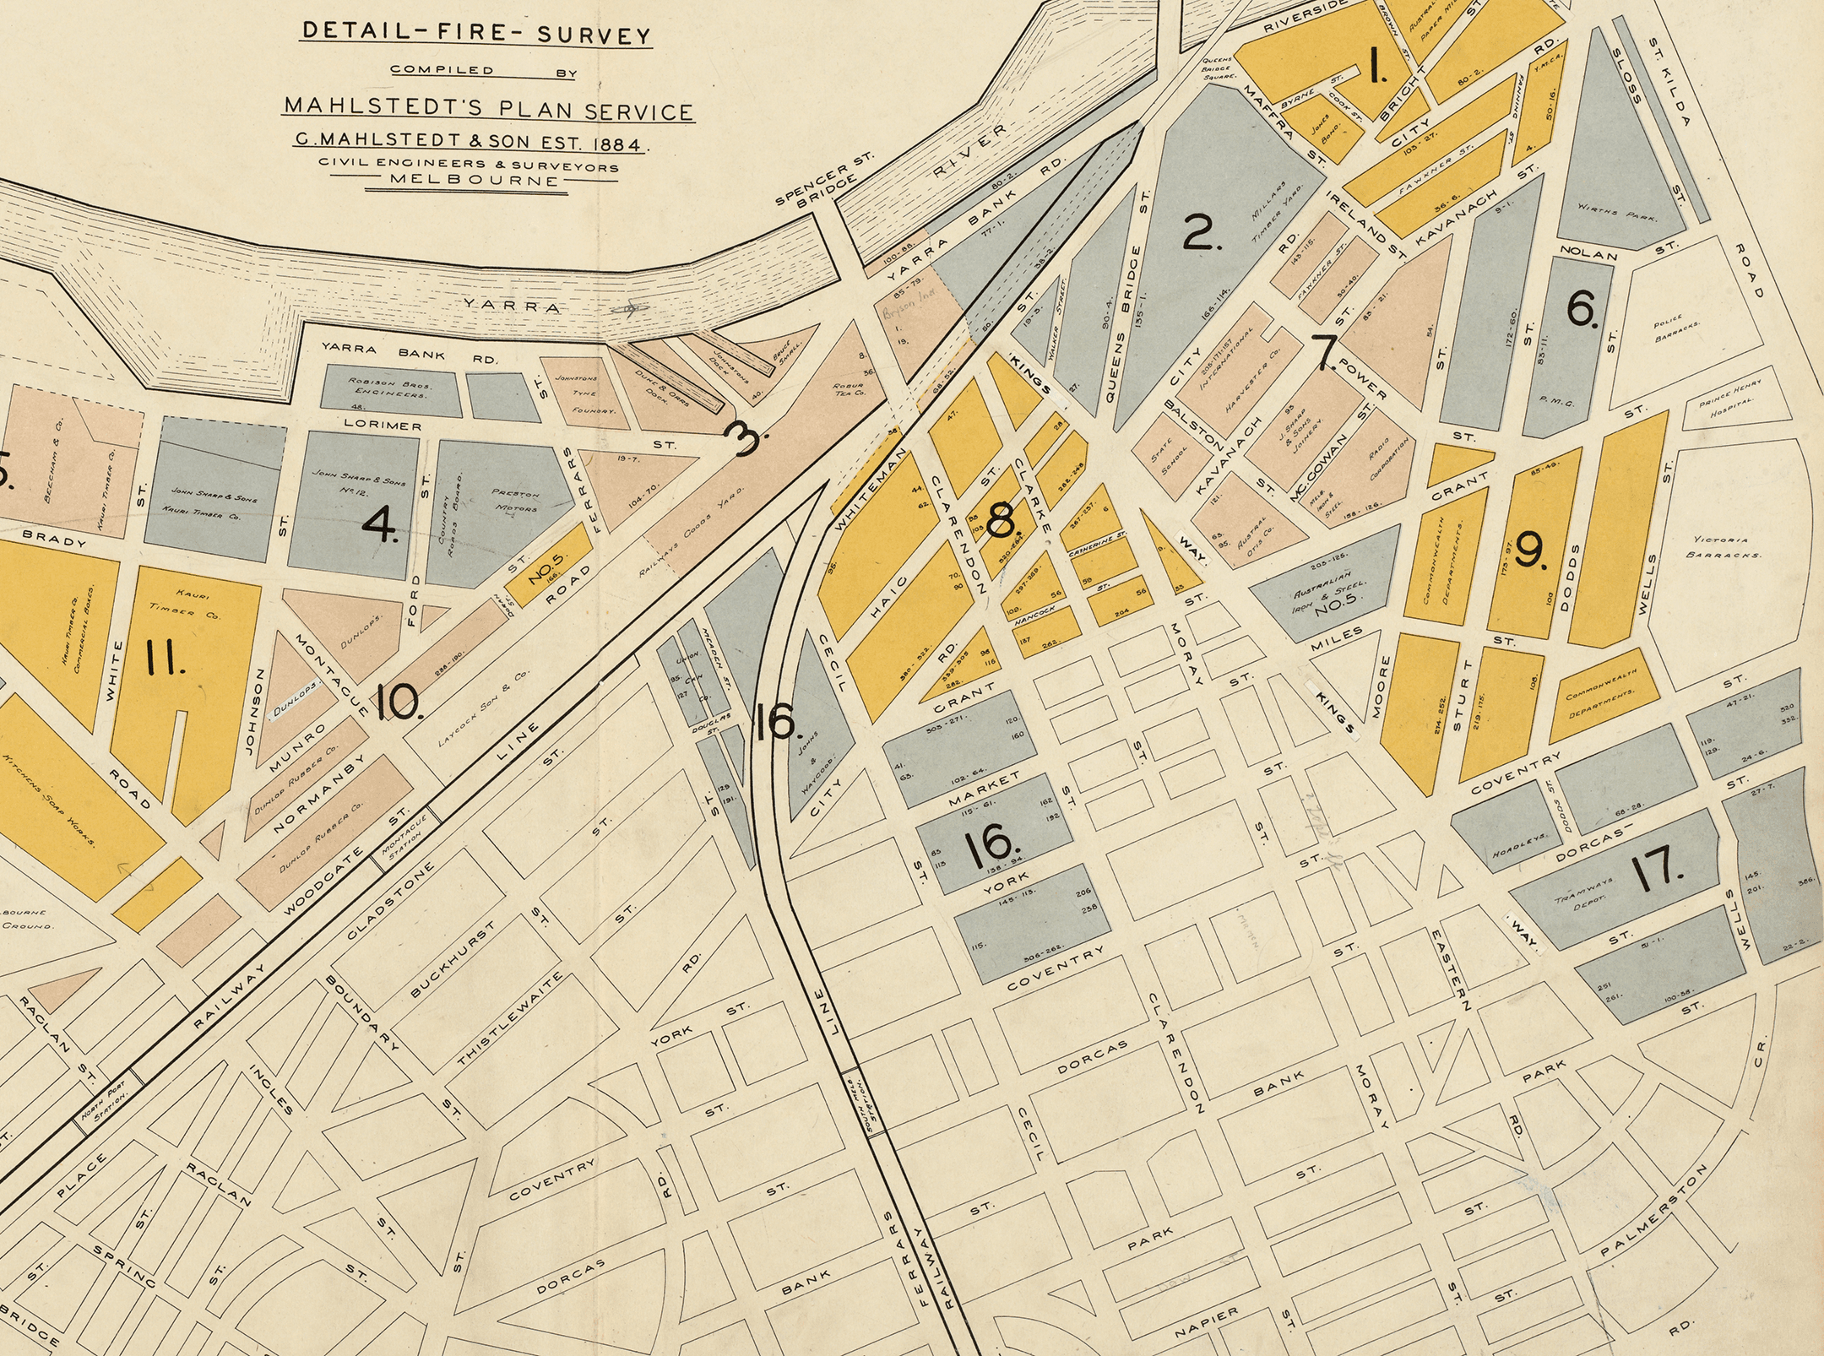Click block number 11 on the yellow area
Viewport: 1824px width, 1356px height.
[x=165, y=658]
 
